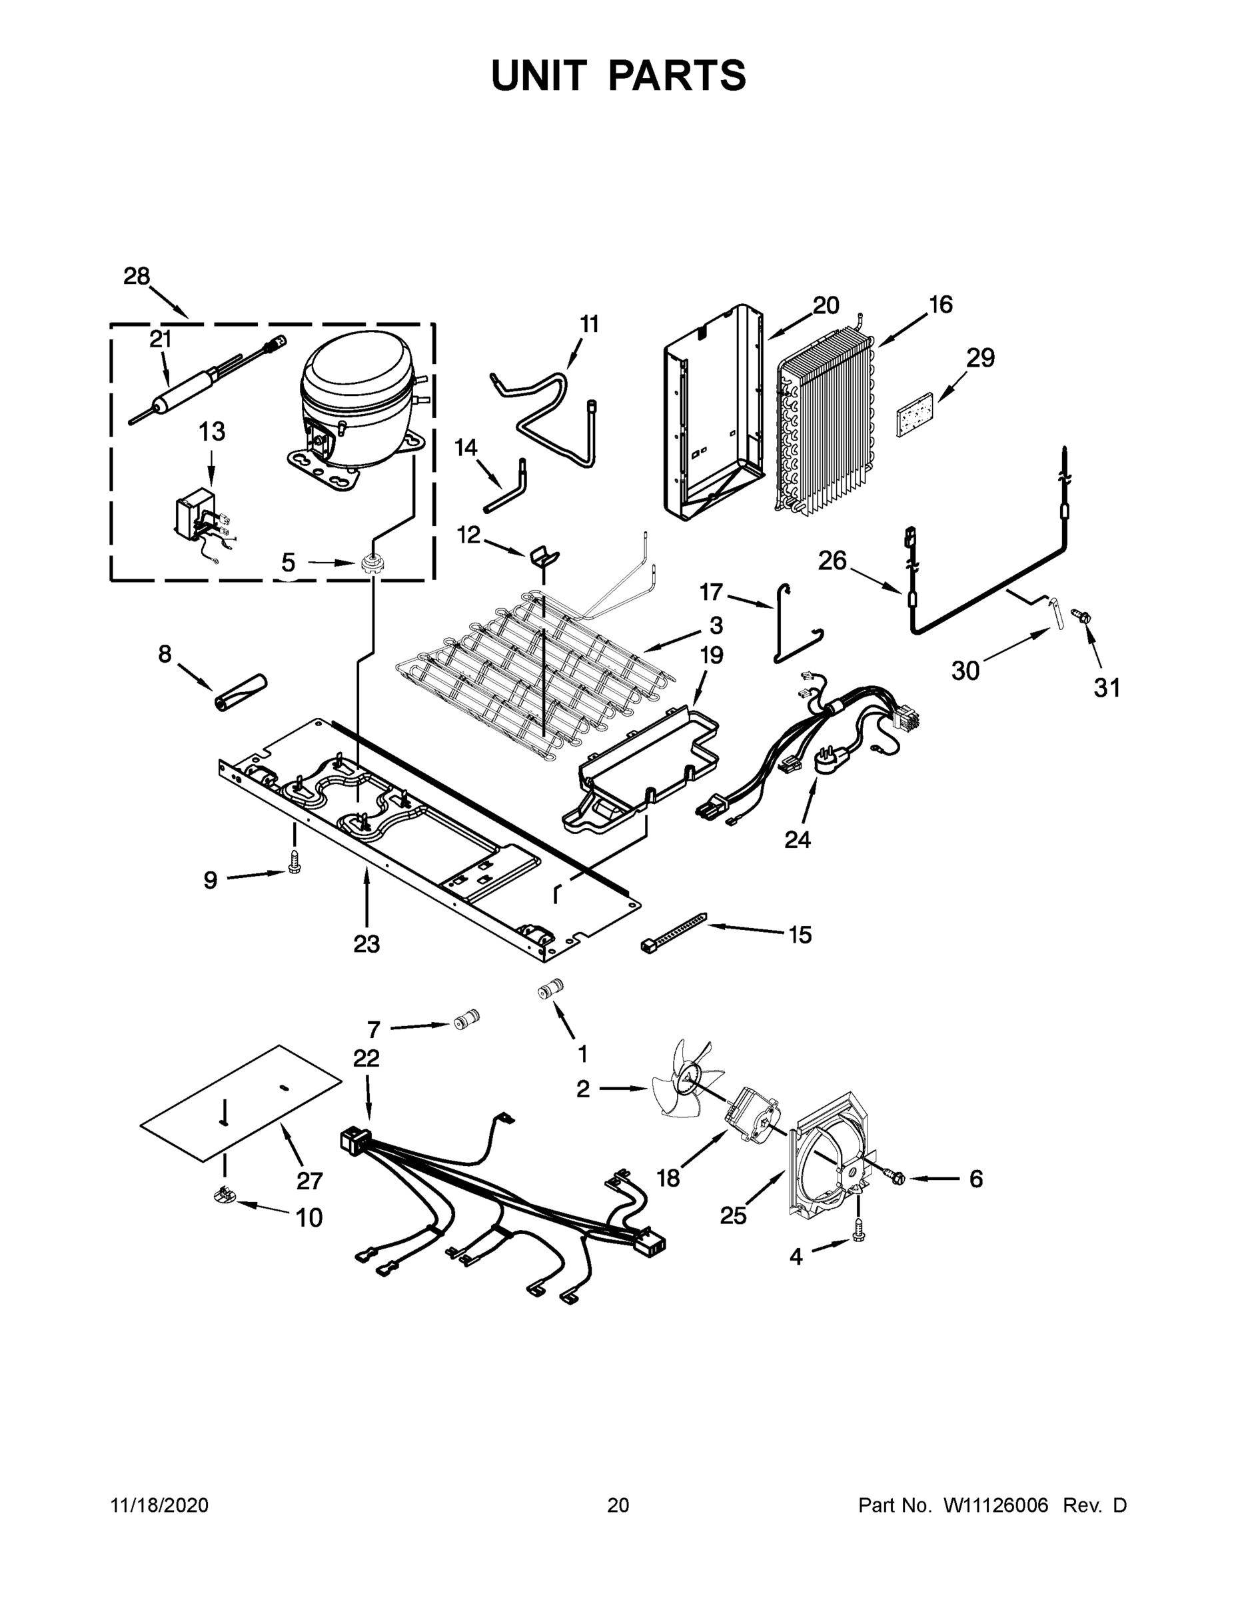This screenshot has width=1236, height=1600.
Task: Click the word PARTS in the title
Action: click(x=676, y=75)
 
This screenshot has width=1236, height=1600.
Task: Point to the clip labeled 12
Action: click(x=542, y=556)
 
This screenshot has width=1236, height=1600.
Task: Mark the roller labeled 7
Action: click(x=466, y=1020)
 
